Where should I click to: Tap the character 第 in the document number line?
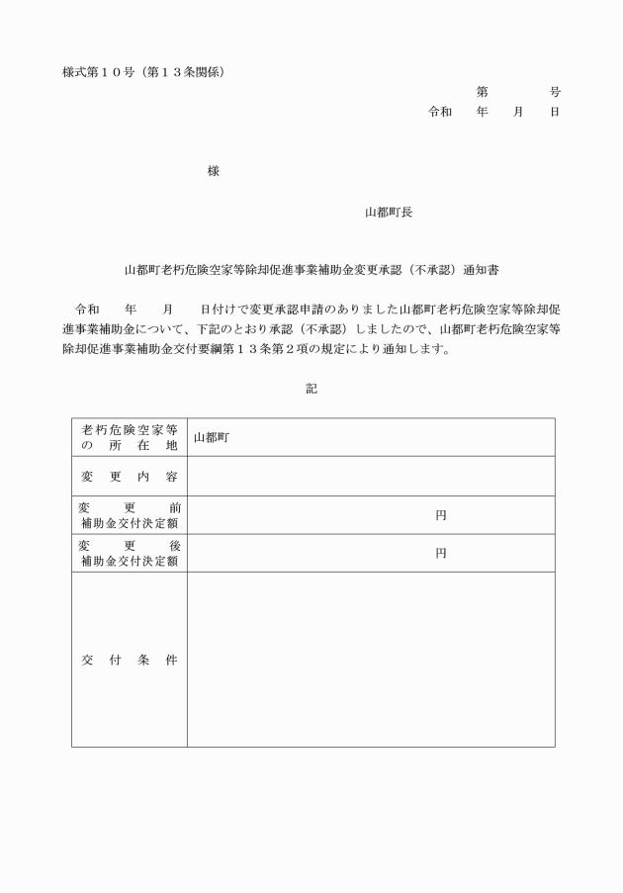tap(482, 92)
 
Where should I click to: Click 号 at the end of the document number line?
tap(555, 92)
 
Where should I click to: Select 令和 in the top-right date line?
tap(439, 112)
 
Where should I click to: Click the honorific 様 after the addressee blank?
tap(213, 171)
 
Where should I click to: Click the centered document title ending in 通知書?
tap(311, 268)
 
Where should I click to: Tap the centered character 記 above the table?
tap(311, 390)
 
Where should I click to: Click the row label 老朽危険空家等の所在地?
tap(129, 437)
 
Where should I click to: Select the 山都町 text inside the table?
tap(211, 437)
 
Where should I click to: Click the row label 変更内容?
tap(129, 477)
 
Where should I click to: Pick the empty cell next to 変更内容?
tap(371, 477)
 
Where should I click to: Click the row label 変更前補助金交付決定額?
tap(129, 515)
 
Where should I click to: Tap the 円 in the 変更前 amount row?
tap(441, 515)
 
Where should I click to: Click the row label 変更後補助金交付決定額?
tap(129, 554)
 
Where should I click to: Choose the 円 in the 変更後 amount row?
tap(441, 554)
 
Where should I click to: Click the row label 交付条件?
tap(129, 660)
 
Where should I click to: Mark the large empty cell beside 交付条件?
tap(371, 660)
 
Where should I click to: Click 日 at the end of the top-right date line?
tap(555, 112)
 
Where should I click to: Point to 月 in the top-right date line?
tap(517, 112)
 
